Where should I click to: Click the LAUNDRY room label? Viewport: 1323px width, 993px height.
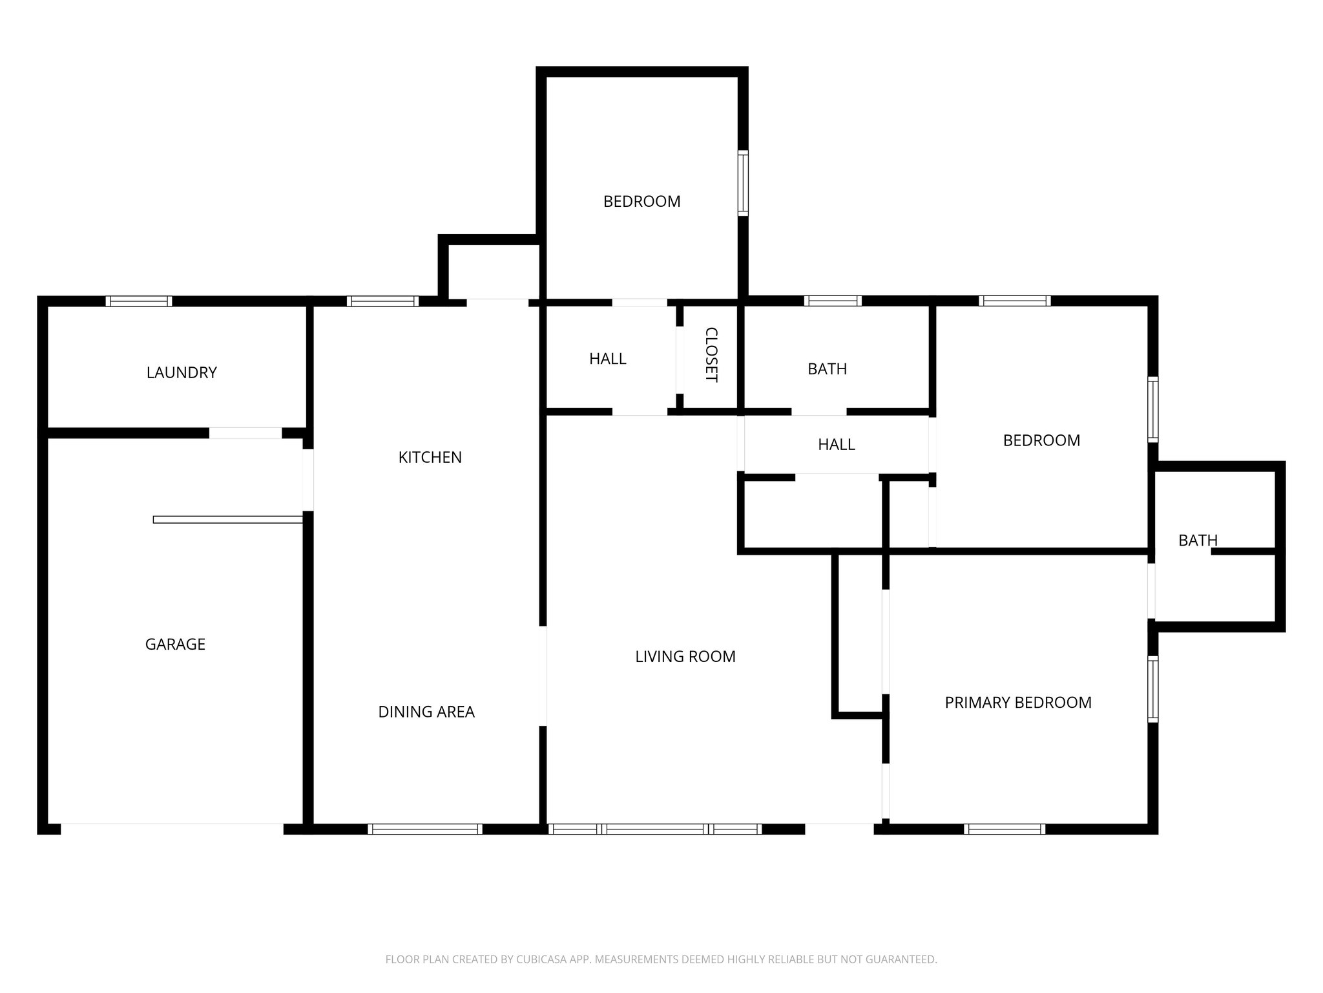pyautogui.click(x=182, y=372)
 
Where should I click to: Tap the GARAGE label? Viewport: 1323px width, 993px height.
pyautogui.click(x=175, y=644)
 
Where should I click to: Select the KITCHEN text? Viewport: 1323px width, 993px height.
pyautogui.click(x=430, y=457)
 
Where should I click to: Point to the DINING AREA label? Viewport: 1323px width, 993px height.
pyautogui.click(x=426, y=712)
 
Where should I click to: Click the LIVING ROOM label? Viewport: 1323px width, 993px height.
pyautogui.click(x=685, y=656)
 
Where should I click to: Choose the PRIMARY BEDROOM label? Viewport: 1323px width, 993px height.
pyautogui.click(x=1018, y=702)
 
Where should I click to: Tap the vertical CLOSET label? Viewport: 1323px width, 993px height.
pyautogui.click(x=711, y=355)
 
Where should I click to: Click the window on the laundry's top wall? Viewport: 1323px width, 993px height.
pyautogui.click(x=139, y=301)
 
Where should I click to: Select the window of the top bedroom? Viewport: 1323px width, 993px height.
pyautogui.click(x=744, y=183)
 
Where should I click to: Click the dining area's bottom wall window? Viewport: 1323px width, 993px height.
pyautogui.click(x=425, y=829)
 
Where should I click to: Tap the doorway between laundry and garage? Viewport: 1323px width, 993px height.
pyautogui.click(x=245, y=433)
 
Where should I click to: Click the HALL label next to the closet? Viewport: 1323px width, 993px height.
pyautogui.click(x=607, y=358)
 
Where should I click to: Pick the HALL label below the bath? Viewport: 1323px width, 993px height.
pyautogui.click(x=836, y=444)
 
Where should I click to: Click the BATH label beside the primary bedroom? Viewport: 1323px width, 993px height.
pyautogui.click(x=1198, y=540)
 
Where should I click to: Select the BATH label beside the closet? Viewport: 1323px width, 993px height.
pyautogui.click(x=827, y=368)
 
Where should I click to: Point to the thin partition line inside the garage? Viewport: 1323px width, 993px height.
pyautogui.click(x=227, y=519)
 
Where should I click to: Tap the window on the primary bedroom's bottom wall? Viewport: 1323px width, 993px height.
pyautogui.click(x=1005, y=829)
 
